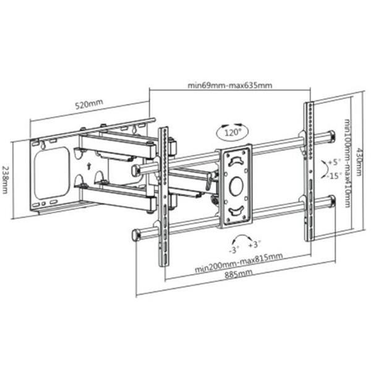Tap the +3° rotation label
253,244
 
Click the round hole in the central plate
236,184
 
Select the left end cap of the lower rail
136,236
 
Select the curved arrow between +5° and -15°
323,168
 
